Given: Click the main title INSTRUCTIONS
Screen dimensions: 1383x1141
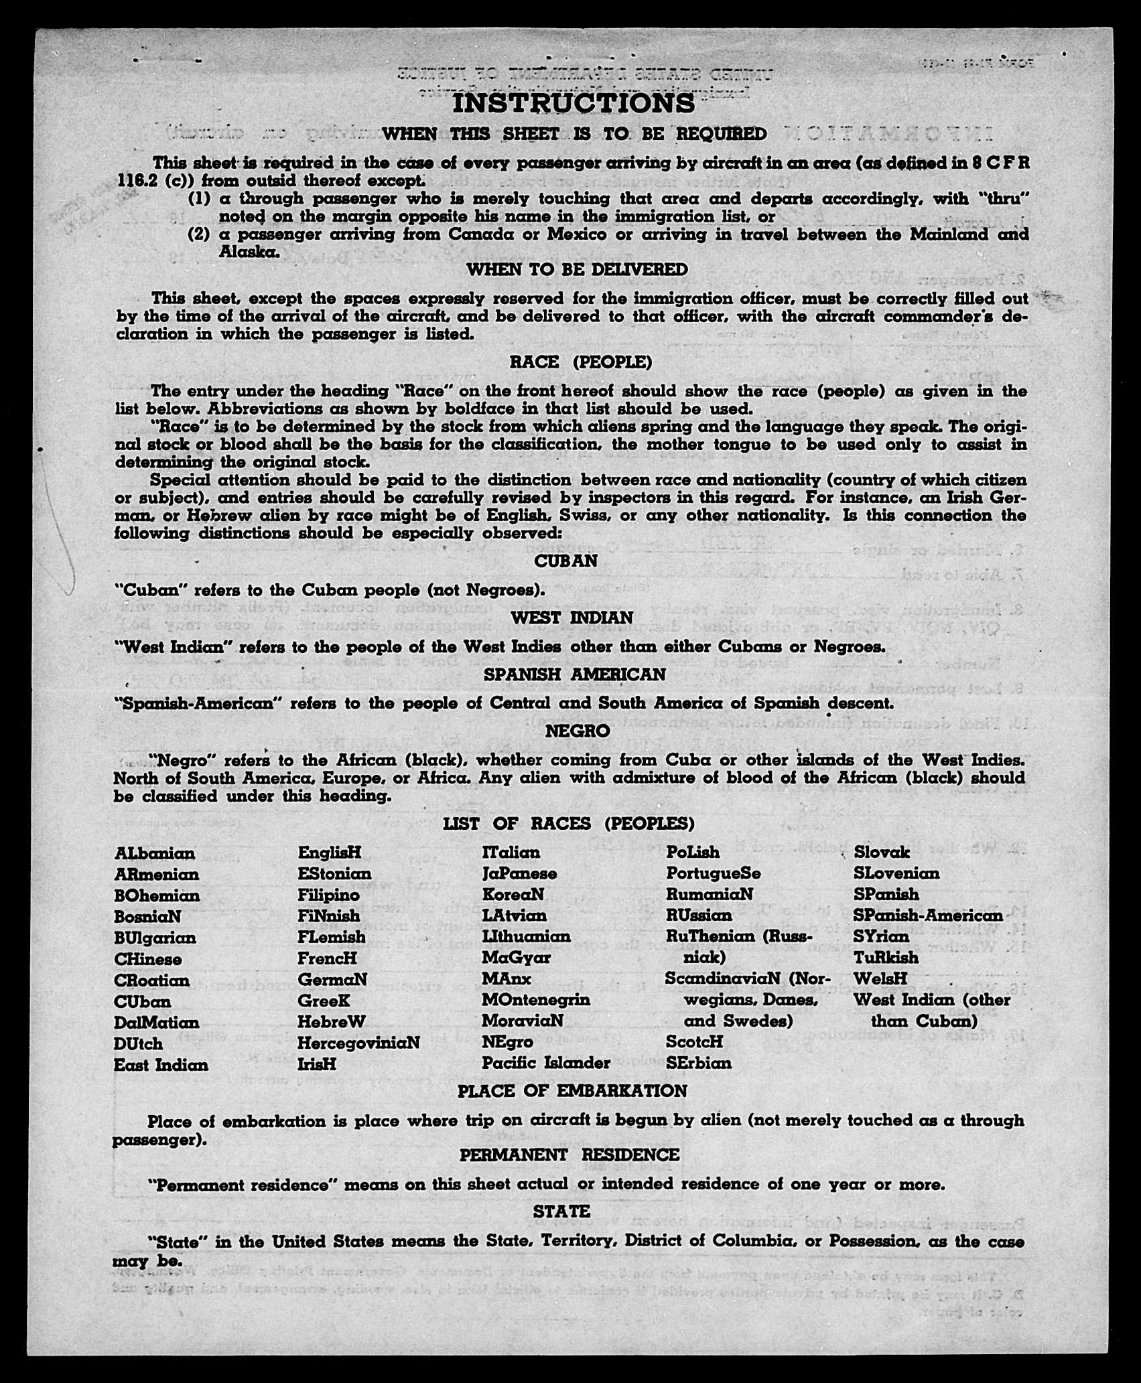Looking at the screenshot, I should [574, 103].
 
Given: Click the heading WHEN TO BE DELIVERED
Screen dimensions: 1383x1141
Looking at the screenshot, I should [577, 269].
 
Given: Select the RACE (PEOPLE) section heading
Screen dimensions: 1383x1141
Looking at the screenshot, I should [580, 362].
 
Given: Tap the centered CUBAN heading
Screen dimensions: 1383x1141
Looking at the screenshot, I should [565, 561].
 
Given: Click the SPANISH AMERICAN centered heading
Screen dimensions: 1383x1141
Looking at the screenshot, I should [574, 674].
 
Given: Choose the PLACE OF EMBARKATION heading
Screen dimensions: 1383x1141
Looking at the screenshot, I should [572, 1091].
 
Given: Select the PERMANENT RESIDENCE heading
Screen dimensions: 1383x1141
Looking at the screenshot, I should [569, 1155].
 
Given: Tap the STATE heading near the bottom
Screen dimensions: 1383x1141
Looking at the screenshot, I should [561, 1212].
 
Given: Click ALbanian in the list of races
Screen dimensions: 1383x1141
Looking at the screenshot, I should [155, 853].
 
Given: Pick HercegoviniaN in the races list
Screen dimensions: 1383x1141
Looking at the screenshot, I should [358, 1043].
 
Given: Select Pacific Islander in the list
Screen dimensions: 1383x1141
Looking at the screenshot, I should [546, 1063].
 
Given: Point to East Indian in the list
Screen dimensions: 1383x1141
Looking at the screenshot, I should [161, 1065].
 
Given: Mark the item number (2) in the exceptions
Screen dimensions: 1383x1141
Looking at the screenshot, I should [199, 234].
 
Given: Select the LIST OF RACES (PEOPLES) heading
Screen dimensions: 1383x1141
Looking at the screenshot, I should [569, 823].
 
